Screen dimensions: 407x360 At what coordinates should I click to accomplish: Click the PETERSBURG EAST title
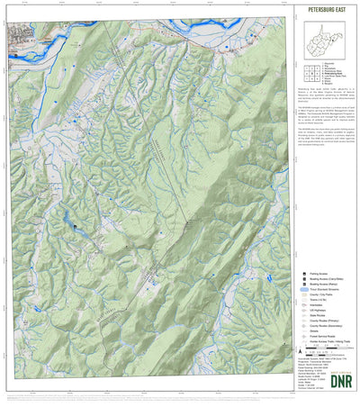click(326, 14)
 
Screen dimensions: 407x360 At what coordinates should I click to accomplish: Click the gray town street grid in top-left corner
click(22, 36)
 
